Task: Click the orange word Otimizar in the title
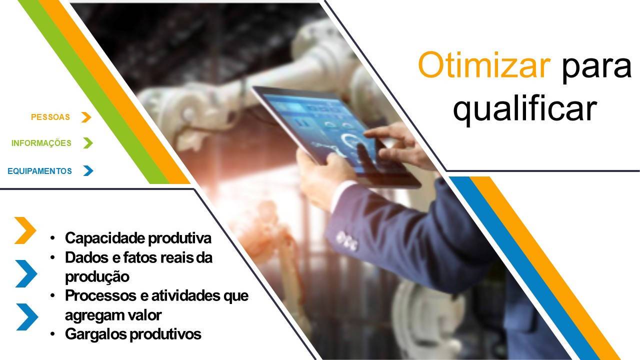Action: (x=483, y=65)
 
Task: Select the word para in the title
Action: (x=596, y=68)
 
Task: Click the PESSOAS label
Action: (x=50, y=117)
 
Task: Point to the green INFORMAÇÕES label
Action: (x=41, y=143)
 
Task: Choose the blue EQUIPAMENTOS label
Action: (x=39, y=171)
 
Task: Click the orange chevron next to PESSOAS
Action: (x=86, y=117)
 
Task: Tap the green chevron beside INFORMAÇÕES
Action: (x=88, y=143)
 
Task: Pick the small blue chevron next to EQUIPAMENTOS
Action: (x=88, y=170)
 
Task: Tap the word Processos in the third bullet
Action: (x=101, y=295)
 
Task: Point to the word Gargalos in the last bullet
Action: (x=96, y=334)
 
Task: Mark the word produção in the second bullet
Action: (x=97, y=277)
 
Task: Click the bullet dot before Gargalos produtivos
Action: (x=52, y=333)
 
